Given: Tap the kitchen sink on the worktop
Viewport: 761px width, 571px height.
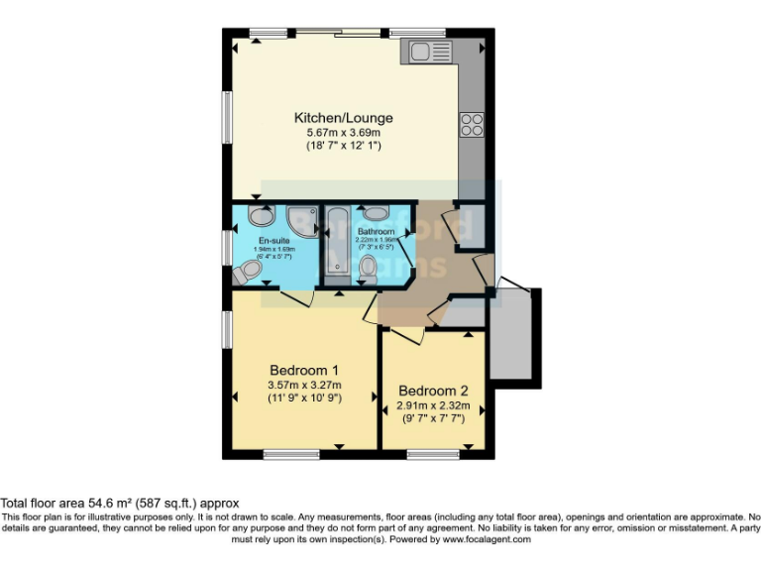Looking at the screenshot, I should click(x=425, y=52).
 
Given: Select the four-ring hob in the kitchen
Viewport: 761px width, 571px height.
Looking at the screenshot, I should click(x=471, y=125).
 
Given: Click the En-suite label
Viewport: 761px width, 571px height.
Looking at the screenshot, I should click(x=273, y=241).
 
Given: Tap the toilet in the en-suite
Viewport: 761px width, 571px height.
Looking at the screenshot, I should click(x=247, y=270).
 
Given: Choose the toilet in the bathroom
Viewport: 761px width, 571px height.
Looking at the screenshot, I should click(x=368, y=266).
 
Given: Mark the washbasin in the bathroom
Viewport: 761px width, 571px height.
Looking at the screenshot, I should click(x=376, y=212).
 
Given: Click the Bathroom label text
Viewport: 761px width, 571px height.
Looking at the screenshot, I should click(x=377, y=231).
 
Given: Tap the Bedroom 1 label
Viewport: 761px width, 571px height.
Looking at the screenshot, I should click(x=303, y=370).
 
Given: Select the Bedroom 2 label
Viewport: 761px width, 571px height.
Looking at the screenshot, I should click(x=433, y=390).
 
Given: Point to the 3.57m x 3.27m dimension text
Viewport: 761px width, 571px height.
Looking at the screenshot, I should click(x=303, y=385).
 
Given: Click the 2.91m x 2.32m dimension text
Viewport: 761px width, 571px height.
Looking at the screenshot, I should click(x=433, y=405).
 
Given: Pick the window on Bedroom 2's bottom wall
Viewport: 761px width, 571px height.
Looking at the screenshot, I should click(x=426, y=455).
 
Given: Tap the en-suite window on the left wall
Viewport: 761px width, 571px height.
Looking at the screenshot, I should click(x=226, y=246).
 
